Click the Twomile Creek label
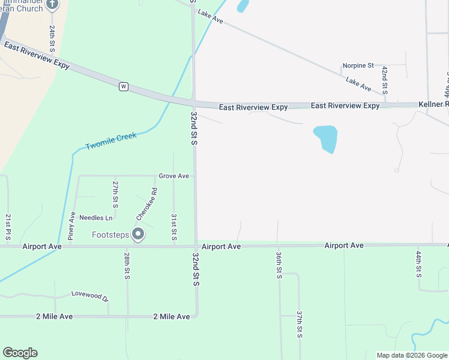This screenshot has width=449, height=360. click(111, 141)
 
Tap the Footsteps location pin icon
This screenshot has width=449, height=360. click(139, 234)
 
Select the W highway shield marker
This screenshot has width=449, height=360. click(124, 86)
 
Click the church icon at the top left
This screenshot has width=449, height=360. click(52, 5)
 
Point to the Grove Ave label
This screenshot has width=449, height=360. click(174, 176)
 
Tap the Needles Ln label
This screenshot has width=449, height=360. click(96, 218)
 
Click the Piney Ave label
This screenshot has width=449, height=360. click(71, 226)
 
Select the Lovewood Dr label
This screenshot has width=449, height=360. click(89, 296)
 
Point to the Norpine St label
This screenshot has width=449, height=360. click(358, 65)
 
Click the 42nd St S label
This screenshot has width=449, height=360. click(385, 79)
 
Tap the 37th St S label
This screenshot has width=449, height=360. click(299, 324)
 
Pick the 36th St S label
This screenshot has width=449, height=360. click(279, 265)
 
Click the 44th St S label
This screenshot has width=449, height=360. click(418, 264)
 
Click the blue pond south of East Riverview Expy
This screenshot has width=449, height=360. click(325, 137)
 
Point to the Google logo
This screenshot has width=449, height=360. click(20, 353)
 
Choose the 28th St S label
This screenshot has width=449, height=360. click(127, 265)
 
